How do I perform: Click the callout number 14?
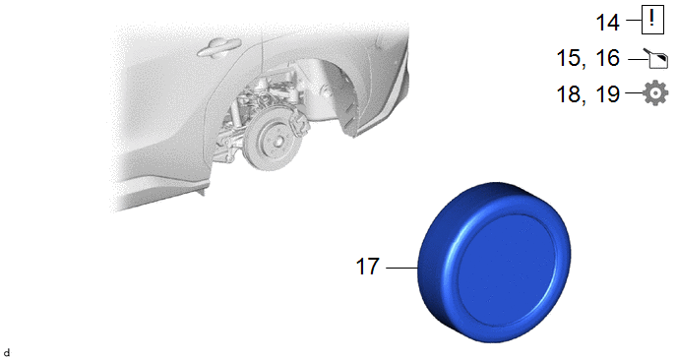(607, 22)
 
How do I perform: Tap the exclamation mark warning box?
(652, 20)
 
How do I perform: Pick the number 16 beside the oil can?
(607, 58)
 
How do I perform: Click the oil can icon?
(656, 59)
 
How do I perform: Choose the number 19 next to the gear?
(607, 94)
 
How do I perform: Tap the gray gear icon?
(655, 92)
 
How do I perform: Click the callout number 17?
(367, 267)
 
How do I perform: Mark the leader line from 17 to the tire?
(401, 268)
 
